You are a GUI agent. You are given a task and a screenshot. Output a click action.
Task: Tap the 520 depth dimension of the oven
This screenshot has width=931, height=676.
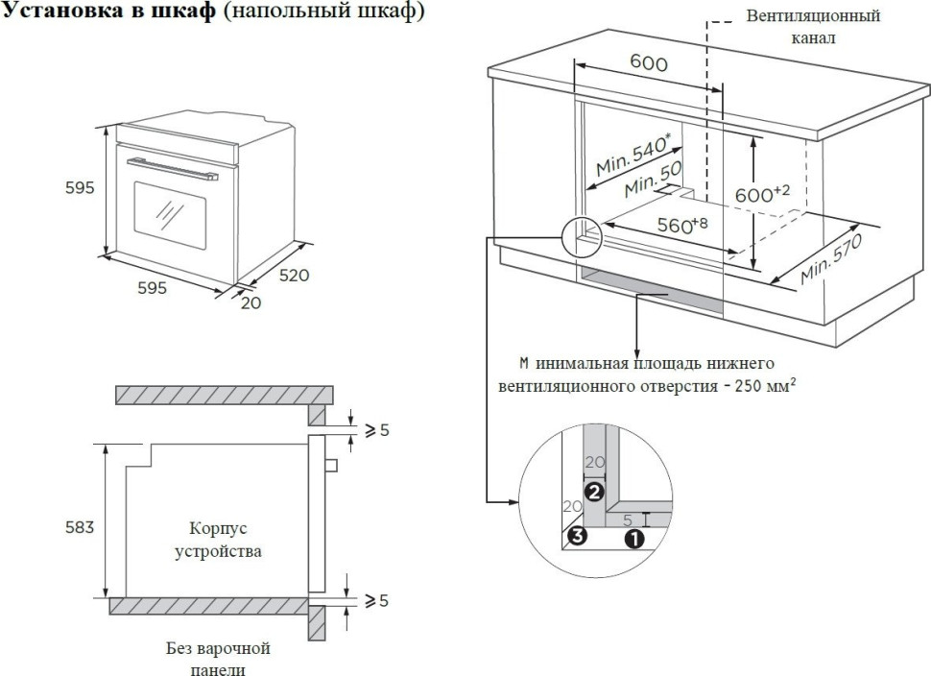294,276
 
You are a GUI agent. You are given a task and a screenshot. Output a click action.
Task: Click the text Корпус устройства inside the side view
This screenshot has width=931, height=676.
219,541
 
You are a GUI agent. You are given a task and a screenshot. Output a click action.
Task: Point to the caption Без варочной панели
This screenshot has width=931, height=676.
218,660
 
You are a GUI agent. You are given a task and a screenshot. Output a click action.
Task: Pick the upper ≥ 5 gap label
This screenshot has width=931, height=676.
371,431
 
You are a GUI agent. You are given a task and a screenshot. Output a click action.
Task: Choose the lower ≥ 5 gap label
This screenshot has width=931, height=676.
371,602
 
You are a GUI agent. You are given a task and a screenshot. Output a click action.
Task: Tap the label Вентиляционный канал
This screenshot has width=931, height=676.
813,28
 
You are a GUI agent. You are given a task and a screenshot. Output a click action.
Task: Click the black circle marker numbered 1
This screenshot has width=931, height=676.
633,540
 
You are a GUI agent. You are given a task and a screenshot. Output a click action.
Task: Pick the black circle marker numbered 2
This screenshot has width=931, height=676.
594,492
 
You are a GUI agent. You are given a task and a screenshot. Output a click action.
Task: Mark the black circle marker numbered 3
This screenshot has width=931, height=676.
576,536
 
